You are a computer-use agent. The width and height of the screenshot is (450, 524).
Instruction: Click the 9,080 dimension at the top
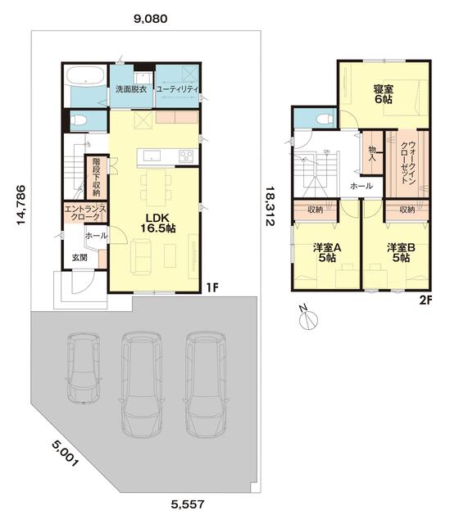[150, 19]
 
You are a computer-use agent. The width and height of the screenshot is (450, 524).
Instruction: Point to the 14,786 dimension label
[21, 205]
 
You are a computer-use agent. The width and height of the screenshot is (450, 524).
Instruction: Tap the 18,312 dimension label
[270, 206]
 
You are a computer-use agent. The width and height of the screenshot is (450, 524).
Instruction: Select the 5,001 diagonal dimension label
[65, 454]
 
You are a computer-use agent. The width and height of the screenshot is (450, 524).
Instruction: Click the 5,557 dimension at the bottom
[188, 504]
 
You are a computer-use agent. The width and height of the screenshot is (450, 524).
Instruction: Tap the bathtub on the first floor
[85, 75]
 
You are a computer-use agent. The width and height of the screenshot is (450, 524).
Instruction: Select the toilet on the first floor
[79, 120]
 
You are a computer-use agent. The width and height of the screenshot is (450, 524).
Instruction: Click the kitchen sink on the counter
[152, 156]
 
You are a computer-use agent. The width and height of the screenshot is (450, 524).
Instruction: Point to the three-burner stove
[186, 156]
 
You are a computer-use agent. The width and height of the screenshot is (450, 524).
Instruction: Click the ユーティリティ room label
[177, 89]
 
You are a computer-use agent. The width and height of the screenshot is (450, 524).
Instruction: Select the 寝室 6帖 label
[383, 94]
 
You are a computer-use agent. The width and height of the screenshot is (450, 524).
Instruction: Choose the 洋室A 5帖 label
[327, 253]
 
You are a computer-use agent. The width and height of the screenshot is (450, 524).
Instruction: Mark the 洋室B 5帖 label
[401, 253]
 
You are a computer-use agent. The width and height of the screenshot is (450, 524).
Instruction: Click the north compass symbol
[308, 318]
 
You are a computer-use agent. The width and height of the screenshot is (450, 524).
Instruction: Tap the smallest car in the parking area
[84, 368]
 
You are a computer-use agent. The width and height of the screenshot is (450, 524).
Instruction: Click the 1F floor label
[211, 287]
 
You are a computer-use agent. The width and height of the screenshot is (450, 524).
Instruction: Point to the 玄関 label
[80, 257]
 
